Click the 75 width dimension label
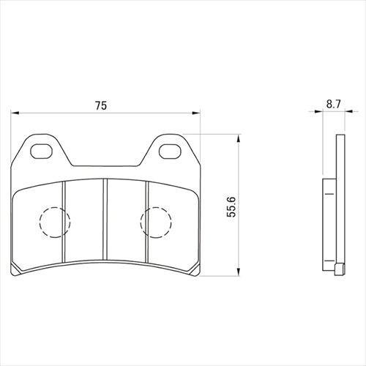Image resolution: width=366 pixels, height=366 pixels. [101, 105]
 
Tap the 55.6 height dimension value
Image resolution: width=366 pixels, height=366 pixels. [231, 206]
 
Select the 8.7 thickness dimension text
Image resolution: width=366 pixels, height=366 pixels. [333, 105]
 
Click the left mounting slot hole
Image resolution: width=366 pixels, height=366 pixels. [42, 152]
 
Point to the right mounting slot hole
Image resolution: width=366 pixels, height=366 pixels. [170, 152]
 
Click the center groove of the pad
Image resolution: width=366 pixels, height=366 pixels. [105, 220]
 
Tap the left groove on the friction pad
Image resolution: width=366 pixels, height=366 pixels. [64, 222]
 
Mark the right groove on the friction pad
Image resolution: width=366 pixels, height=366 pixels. [146, 222]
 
